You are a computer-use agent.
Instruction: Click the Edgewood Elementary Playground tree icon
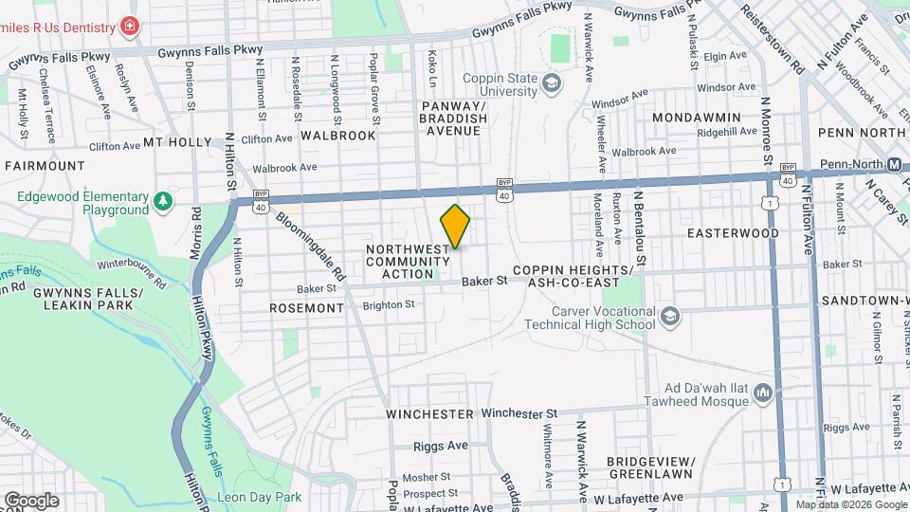(164, 201)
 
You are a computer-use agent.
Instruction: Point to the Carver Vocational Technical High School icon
(670, 316)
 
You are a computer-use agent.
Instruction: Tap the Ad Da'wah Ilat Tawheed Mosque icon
(764, 393)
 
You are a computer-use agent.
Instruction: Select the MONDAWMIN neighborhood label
(697, 117)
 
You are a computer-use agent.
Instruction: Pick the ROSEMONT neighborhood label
(306, 308)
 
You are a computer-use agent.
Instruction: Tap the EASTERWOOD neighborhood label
(733, 232)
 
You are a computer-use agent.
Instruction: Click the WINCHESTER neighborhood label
(429, 414)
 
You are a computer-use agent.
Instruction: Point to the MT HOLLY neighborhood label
(177, 142)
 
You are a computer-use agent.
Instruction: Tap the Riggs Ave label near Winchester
(441, 446)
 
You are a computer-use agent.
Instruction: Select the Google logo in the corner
(31, 500)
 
